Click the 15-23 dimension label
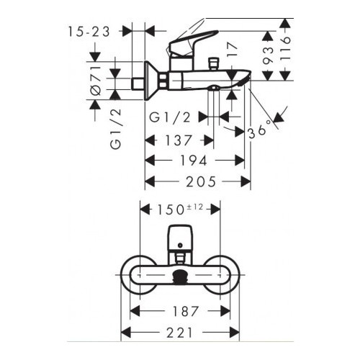coord(89,32)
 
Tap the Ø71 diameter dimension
coord(95,81)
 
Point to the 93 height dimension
coord(268,55)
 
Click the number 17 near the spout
coord(232,50)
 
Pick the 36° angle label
coord(260,130)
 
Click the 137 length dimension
coord(179,140)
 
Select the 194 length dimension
coord(194,161)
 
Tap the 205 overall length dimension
coord(201,181)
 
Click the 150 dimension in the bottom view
coord(171,210)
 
